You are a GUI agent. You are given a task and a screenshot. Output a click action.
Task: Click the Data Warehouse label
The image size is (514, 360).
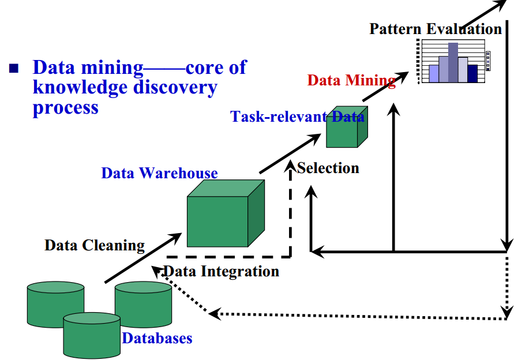tap(159, 173)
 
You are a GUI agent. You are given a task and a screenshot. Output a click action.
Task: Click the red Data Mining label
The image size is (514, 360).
tap(351, 80)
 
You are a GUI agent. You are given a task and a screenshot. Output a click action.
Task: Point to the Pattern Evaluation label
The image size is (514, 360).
tap(436, 29)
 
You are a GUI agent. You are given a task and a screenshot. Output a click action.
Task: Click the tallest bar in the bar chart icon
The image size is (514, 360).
tap(453, 62)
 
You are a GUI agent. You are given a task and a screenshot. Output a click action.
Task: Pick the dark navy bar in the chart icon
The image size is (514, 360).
tap(473, 73)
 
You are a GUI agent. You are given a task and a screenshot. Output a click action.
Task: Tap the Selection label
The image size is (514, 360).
tap(328, 168)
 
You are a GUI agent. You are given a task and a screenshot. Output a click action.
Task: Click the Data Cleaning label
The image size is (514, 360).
tap(95, 245)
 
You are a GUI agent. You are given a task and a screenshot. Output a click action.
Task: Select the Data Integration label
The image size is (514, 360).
tap(222, 271)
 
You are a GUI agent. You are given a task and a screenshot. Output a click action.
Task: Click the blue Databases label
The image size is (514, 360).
tap(157, 338)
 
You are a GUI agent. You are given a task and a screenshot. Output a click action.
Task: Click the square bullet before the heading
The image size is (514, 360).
tap(14, 69)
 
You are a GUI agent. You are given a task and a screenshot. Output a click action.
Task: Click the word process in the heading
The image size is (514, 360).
tap(65, 107)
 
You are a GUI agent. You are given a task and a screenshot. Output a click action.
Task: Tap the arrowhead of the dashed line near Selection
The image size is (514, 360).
tap(291, 166)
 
